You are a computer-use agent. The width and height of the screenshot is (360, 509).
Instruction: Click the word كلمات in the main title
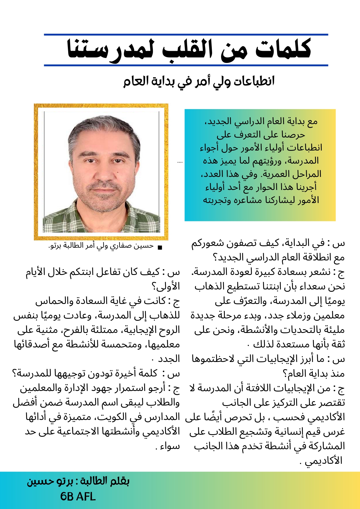tap(283, 49)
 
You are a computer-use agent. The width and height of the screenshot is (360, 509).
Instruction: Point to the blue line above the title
tap(186, 35)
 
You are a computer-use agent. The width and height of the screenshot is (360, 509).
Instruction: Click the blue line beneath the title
tap(186, 66)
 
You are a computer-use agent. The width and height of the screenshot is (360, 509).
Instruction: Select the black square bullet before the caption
tap(159, 247)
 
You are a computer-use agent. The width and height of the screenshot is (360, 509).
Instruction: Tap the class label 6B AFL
tap(78, 496)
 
